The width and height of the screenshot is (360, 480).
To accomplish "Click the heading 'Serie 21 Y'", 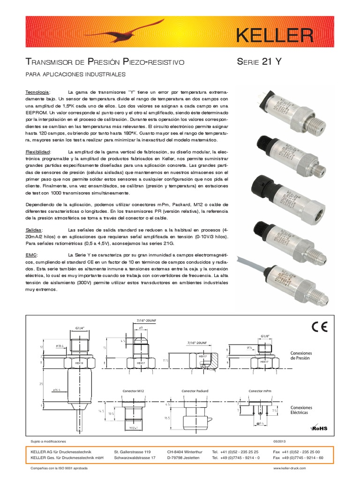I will point(259,62).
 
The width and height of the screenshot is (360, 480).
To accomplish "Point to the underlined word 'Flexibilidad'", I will point(39,152).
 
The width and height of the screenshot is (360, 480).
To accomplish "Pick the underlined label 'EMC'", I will point(30,254).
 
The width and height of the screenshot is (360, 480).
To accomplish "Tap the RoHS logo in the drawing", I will point(318,427).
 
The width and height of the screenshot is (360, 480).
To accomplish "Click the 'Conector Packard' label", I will point(195,390).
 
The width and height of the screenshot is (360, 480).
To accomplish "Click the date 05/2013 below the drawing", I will point(280,442).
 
